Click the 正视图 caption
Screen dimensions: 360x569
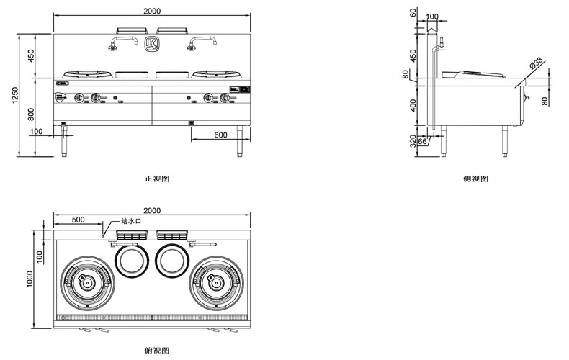pos(156,178)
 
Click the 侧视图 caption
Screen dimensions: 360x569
pos(475,178)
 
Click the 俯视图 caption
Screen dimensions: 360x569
pos(156,350)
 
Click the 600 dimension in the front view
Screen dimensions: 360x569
pos(220,135)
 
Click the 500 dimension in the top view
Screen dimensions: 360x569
pos(77,219)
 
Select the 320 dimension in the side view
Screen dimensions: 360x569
pos(413,140)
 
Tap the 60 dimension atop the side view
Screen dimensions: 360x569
pos(413,13)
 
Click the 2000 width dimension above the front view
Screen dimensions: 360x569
pos(152,11)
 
